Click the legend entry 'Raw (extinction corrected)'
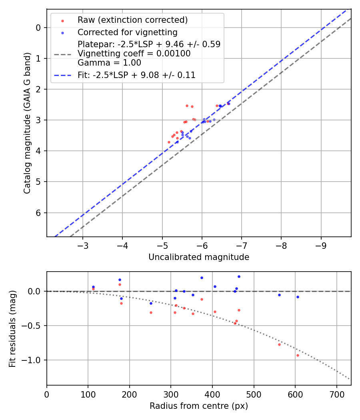point(132,20)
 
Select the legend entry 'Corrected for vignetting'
point(127,32)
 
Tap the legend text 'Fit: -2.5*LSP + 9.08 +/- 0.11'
point(136,75)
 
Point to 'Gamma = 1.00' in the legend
point(109,63)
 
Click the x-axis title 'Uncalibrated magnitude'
point(199,257)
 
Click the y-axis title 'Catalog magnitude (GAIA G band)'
point(27,122)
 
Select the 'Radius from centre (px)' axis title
point(199,406)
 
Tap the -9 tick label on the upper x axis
point(321,245)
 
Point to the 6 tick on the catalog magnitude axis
point(39,212)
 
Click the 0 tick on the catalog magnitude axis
point(39,28)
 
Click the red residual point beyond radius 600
point(298,355)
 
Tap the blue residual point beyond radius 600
point(298,297)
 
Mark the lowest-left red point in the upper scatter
point(169,142)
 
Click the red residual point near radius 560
point(279,344)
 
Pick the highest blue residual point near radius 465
point(239,276)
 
